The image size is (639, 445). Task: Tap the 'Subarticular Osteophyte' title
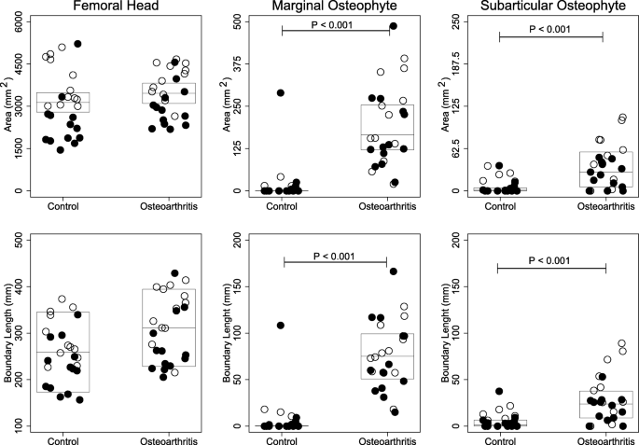[546, 7]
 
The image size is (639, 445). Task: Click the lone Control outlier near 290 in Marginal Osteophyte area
[280, 93]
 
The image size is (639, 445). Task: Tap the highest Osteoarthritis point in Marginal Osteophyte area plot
[393, 26]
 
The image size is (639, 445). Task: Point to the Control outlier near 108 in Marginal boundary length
[280, 326]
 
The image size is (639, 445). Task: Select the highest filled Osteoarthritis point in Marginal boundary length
[393, 271]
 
